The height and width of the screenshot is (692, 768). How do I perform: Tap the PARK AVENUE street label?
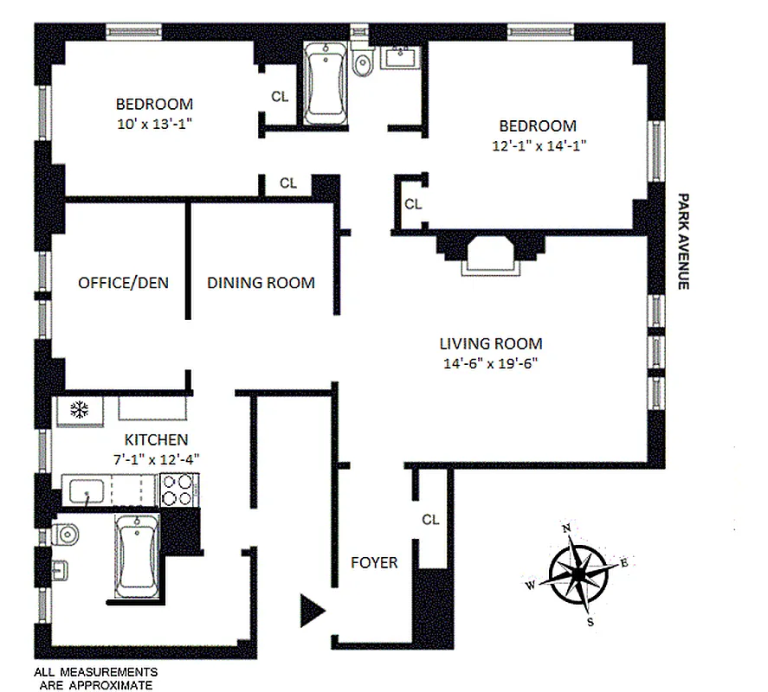683,240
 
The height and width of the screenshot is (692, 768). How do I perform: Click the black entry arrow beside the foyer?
311,610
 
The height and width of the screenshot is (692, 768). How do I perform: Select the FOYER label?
374,563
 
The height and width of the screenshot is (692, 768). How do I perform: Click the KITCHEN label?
155,440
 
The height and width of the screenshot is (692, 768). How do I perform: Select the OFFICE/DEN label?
123,283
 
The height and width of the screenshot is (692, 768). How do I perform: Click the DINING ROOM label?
261,283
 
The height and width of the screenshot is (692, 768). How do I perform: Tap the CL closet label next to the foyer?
430,520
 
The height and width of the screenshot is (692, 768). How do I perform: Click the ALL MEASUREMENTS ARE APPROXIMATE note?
95,677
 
